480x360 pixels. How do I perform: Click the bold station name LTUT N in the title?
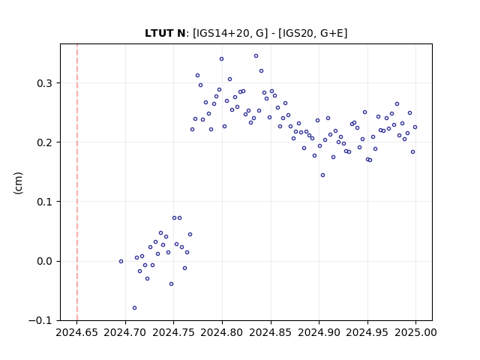click(165, 33)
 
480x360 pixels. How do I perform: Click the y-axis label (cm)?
click(18, 183)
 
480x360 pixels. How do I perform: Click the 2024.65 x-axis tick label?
click(76, 332)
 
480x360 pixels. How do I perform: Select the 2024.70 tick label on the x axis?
click(125, 332)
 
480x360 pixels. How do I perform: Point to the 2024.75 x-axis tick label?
click(173, 332)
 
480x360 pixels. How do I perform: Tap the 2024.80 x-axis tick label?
click(222, 332)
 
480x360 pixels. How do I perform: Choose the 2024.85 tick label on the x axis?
click(271, 332)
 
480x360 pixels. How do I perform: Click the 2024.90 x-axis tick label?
click(319, 332)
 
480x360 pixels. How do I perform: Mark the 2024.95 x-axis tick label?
click(367, 332)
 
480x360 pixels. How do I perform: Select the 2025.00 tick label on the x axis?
click(415, 332)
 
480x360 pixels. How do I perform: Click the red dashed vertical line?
click(77, 182)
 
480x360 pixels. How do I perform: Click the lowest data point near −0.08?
click(134, 308)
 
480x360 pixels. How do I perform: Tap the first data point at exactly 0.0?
click(121, 262)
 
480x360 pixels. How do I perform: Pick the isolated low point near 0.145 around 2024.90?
click(322, 175)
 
